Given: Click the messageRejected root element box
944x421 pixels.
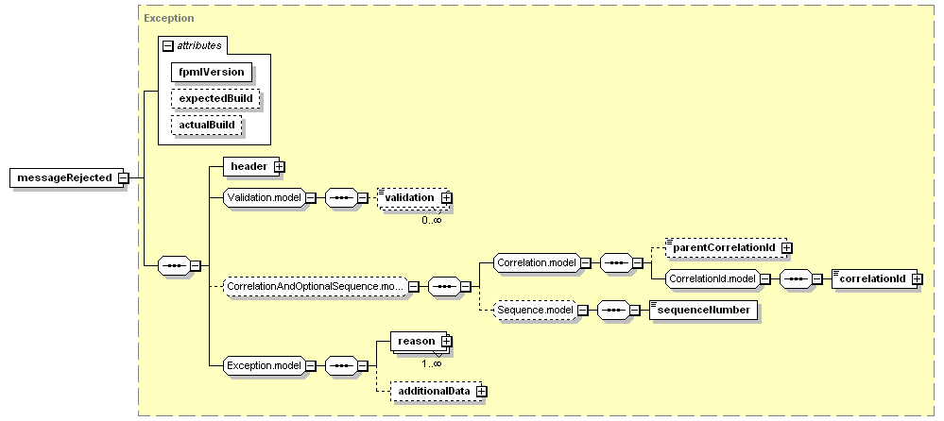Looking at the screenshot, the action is pos(66,178).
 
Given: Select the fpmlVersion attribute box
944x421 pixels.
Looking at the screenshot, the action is pos(211,72).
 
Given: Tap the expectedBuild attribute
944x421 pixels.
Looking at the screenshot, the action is pos(215,98).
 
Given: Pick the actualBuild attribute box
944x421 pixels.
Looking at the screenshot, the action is pos(207,126).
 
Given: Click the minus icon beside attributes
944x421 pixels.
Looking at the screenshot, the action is pos(168,45).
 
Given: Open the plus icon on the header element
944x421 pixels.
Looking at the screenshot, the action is pos(279,166).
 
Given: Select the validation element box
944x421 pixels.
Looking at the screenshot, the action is pos(413,198).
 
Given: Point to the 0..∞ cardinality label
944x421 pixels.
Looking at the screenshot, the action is pos(432,221).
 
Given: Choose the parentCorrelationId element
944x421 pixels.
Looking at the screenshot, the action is pos(726,247).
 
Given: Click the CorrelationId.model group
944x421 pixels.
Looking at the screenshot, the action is pos(712,279).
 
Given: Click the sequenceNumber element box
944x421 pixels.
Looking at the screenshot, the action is pos(704,311).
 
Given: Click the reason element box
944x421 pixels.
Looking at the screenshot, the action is pos(419,341).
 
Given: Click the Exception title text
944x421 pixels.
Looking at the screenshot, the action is pos(169,18).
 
